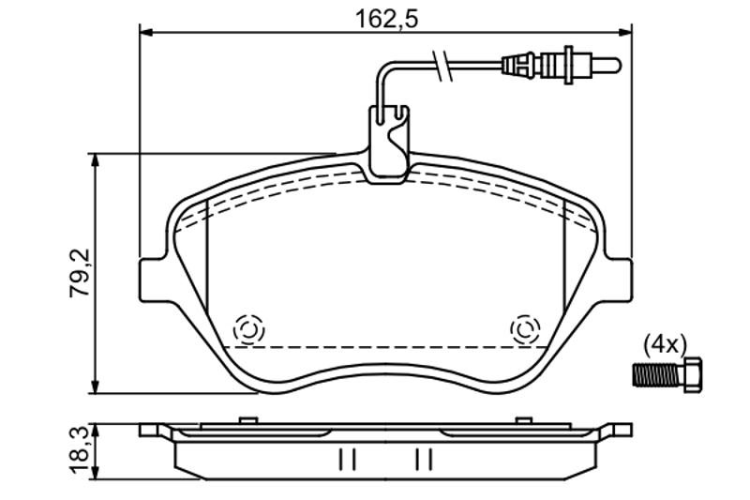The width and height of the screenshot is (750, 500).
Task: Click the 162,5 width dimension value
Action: (386, 19)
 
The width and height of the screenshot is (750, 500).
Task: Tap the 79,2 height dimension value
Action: (80, 273)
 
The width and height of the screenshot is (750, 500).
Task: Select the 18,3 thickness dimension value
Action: (80, 451)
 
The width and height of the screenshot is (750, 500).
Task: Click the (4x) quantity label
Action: (665, 344)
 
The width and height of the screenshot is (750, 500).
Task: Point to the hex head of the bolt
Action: (694, 375)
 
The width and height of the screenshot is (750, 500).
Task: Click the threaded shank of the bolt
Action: (659, 375)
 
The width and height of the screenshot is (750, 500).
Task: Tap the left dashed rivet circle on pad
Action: (248, 329)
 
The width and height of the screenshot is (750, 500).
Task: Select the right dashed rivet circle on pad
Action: (525, 329)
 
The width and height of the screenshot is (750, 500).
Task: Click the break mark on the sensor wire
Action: (442, 64)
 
